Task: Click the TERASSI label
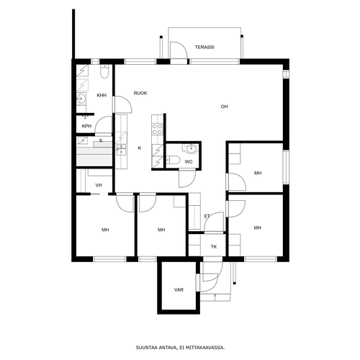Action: (x=204, y=48)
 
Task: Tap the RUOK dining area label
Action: (x=140, y=93)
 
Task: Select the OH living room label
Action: (x=224, y=107)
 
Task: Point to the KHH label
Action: (x=102, y=95)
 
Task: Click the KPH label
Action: (x=86, y=126)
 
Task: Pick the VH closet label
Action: (x=99, y=185)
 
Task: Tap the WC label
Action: (x=189, y=162)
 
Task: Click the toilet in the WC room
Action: (x=173, y=160)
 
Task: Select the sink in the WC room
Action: (x=191, y=148)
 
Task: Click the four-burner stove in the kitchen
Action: (x=157, y=129)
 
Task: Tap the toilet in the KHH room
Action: (x=104, y=71)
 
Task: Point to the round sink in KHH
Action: (x=81, y=99)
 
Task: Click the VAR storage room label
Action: (x=179, y=290)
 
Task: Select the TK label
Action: (x=214, y=246)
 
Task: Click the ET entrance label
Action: (x=207, y=216)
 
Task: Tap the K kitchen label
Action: (x=140, y=148)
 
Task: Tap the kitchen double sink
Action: (x=121, y=150)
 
